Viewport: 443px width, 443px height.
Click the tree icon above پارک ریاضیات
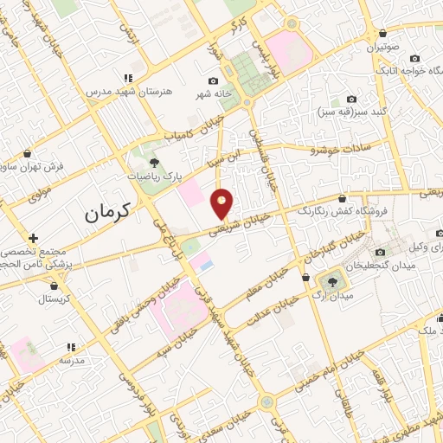(154, 162)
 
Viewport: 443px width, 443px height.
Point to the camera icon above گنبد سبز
(350, 100)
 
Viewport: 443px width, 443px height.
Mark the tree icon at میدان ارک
(331, 280)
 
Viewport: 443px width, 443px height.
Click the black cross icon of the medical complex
(33, 238)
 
